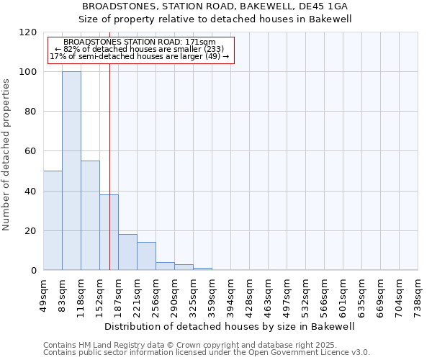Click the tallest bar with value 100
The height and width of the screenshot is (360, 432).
71,171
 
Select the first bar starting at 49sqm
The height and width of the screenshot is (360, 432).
53,220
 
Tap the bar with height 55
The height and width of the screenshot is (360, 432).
90,215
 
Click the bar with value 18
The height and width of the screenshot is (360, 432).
127,252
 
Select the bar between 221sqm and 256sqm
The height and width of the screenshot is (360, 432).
146,256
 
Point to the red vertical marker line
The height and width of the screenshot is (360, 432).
109,144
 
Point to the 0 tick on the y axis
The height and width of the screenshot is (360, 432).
34,271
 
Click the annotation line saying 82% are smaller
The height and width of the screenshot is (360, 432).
140,49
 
